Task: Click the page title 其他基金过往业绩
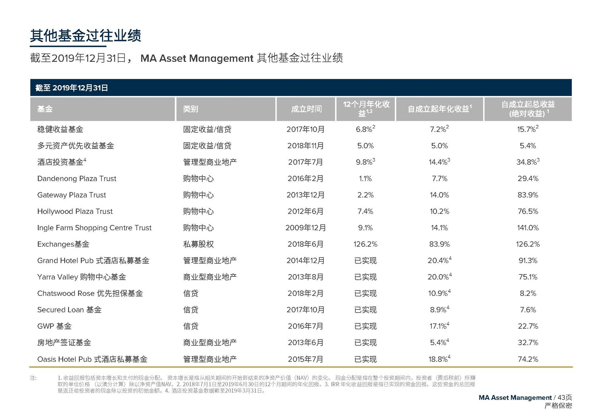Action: tap(85, 36)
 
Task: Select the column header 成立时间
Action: tap(306, 109)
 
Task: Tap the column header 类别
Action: tap(191, 109)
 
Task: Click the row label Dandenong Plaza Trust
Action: tap(77, 178)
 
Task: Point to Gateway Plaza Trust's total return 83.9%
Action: tap(528, 195)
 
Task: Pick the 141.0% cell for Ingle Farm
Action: tap(528, 228)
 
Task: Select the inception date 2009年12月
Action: tap(306, 228)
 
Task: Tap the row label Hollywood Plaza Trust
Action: tap(75, 211)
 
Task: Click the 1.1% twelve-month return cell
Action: tap(365, 178)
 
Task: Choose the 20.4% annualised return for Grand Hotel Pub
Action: tap(439, 261)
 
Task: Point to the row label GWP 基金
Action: tap(55, 326)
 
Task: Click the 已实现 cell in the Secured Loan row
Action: tap(365, 310)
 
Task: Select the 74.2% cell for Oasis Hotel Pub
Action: tap(528, 359)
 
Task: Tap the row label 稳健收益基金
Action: tap(60, 129)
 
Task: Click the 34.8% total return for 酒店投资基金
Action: tap(527, 162)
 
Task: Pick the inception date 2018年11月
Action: tap(306, 146)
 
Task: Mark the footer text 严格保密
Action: tap(558, 406)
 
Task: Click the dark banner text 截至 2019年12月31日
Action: tap(71, 88)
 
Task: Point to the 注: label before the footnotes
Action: tap(33, 378)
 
